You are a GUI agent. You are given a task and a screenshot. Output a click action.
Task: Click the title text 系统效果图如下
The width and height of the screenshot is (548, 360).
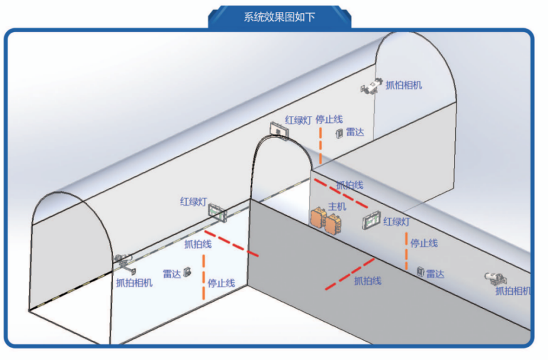click(279, 17)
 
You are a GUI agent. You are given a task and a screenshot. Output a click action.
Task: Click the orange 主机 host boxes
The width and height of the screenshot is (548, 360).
click(326, 219)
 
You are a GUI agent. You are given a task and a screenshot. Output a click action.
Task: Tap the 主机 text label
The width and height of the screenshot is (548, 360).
click(338, 206)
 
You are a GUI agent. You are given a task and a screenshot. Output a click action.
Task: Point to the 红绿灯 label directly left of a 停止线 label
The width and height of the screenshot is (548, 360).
click(298, 119)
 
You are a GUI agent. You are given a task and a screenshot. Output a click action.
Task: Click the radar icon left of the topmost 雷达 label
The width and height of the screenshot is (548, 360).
click(339, 133)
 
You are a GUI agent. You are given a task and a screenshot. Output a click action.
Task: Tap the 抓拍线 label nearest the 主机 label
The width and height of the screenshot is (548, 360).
click(349, 185)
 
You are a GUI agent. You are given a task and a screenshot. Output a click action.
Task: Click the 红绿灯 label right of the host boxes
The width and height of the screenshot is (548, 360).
click(397, 221)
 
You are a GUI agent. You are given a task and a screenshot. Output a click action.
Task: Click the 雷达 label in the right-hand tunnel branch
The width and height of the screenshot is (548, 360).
click(435, 273)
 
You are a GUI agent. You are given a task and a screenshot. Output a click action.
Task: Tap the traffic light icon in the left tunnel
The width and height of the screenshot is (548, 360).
click(217, 212)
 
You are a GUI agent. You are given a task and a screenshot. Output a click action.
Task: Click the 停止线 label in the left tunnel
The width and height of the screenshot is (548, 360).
click(221, 283)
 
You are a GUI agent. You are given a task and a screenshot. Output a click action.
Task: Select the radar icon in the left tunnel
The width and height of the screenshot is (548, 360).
click(186, 273)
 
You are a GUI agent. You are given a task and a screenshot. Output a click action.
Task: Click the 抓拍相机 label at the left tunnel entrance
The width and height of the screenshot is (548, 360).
click(134, 283)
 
